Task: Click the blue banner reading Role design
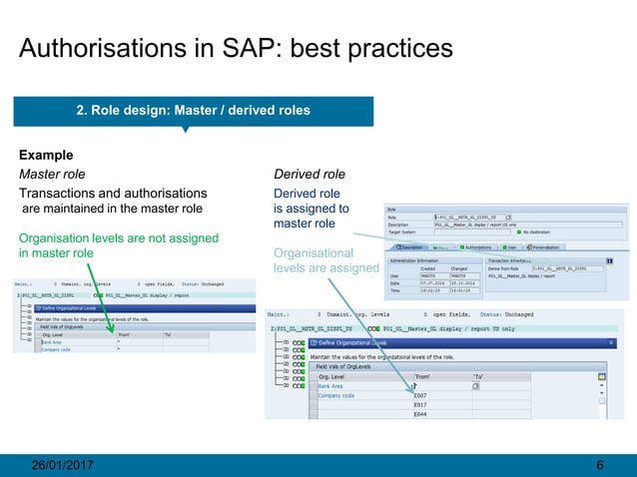coord(194,110)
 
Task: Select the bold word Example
coord(47,156)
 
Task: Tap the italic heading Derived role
coord(310,175)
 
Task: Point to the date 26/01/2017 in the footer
coord(66,465)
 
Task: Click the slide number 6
coord(599,465)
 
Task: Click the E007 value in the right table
coord(420,395)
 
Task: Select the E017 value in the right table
coord(420,405)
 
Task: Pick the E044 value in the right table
coord(420,415)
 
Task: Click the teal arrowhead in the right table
coord(412,384)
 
